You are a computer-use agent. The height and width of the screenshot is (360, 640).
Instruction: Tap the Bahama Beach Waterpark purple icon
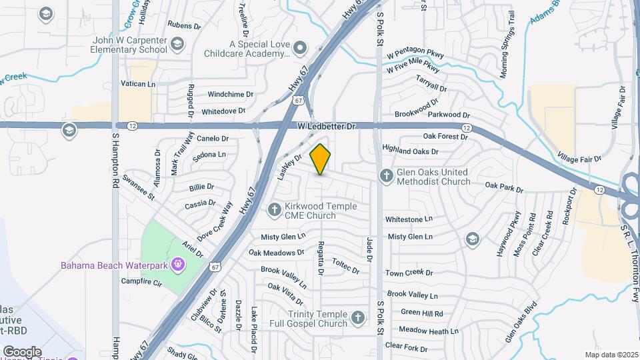pos(178,265)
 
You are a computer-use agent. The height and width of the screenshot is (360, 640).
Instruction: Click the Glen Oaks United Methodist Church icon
pos(385,176)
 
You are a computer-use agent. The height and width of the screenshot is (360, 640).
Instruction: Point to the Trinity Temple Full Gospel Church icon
pos(358,317)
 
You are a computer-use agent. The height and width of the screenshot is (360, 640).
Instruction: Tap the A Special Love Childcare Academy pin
pos(300,47)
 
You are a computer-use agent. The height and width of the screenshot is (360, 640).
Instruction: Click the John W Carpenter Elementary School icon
pos(177,45)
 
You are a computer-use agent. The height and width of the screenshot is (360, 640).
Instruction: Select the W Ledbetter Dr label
pos(327,126)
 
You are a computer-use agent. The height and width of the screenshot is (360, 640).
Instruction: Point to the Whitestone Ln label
pos(409,219)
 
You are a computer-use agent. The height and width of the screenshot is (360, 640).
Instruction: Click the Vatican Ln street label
pos(137,85)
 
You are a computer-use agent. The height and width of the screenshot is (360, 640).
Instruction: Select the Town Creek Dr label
pos(409,273)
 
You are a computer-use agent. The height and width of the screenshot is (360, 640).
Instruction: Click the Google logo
pos(22,351)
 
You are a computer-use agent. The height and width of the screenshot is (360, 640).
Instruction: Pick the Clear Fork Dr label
pos(406,347)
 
